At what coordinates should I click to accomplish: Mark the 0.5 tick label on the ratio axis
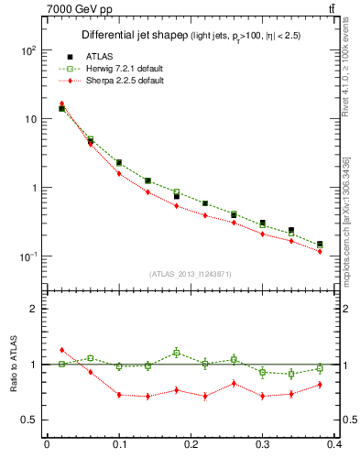click(x=31, y=420)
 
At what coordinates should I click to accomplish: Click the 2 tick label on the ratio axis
click(x=35, y=309)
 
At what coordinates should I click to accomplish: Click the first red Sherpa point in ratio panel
click(x=61, y=350)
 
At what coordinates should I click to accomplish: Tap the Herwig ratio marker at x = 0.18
click(x=177, y=352)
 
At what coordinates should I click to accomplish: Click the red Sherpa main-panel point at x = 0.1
click(x=119, y=173)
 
